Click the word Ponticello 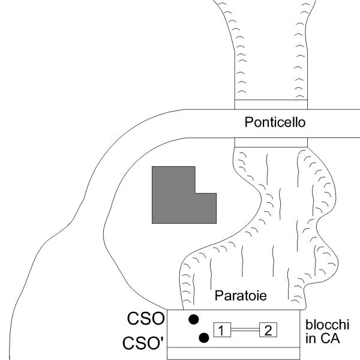coord(275,123)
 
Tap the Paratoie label coord(240,296)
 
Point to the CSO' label coord(145,344)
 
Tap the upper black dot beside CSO coord(193,319)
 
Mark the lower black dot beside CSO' coord(204,338)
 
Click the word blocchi coord(326,325)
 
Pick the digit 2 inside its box coord(268,330)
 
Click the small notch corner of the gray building coord(196,193)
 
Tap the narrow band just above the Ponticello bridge coord(270,105)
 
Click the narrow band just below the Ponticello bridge coord(270,142)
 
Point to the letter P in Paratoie coord(218,296)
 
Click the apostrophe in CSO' coord(162,340)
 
